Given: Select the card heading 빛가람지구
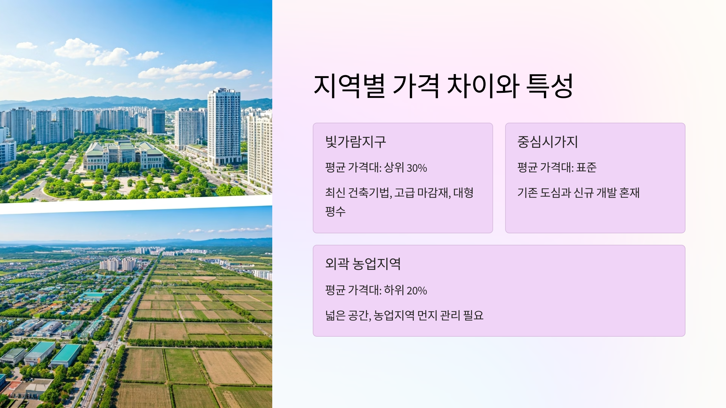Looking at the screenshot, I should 355,142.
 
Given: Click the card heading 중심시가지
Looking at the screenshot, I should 548,142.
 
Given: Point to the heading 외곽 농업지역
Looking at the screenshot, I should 363,264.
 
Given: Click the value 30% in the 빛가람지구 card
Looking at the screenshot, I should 417,168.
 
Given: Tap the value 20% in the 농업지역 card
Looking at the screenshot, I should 417,291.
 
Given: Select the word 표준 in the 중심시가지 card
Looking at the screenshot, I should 586,167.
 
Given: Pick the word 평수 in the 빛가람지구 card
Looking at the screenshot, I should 335,211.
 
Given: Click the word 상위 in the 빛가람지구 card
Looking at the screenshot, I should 394,168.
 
